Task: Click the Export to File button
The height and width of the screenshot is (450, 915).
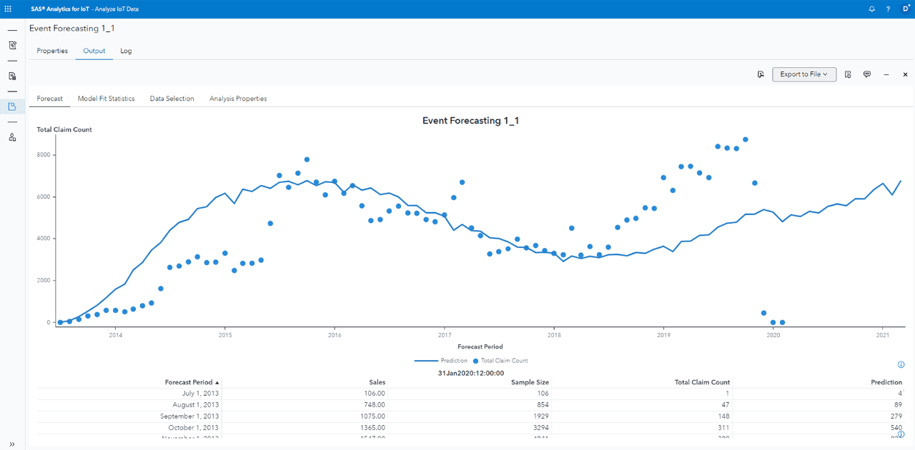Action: click(803, 74)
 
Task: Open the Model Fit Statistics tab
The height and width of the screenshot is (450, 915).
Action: click(106, 99)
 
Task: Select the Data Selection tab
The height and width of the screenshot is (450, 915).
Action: click(172, 99)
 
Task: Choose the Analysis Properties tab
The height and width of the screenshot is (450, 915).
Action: click(238, 99)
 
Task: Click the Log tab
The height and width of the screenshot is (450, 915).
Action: click(126, 51)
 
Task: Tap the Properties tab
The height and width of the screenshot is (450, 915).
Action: click(52, 51)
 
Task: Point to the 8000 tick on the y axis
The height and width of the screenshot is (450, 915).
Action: click(44, 155)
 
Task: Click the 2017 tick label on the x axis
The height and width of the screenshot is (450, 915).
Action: click(444, 334)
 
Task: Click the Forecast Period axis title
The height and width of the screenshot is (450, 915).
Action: click(480, 346)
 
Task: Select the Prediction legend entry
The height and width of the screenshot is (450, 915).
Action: click(453, 361)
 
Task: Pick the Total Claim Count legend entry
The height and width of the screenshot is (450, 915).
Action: click(504, 361)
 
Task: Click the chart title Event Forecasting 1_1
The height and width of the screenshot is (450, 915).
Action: click(470, 121)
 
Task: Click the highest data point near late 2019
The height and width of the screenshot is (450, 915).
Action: click(745, 140)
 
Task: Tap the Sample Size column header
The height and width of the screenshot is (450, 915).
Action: click(530, 382)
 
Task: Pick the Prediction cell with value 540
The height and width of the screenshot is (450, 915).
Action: click(896, 428)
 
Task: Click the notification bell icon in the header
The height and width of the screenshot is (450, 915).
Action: click(871, 9)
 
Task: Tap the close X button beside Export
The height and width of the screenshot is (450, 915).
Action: click(905, 74)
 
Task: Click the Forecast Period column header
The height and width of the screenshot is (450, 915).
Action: click(189, 382)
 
